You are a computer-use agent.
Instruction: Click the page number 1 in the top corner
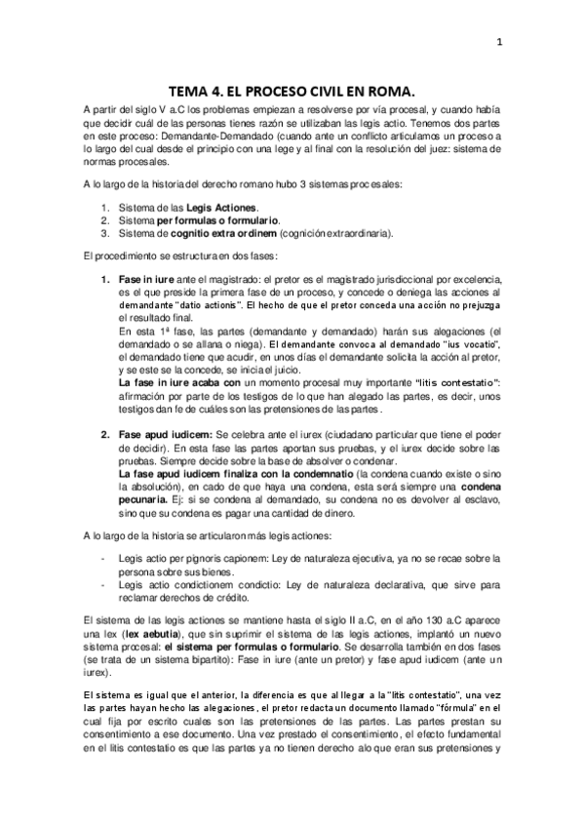(x=499, y=41)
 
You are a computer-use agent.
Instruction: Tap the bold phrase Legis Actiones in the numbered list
(x=222, y=209)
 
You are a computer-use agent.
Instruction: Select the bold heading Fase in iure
(x=143, y=279)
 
